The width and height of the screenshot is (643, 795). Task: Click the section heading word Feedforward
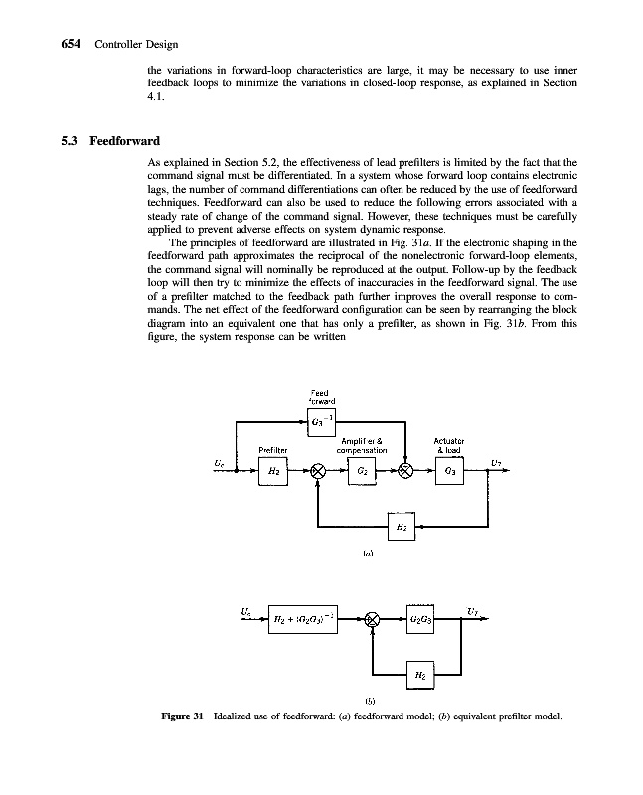(x=125, y=140)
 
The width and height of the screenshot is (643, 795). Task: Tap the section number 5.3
(x=70, y=140)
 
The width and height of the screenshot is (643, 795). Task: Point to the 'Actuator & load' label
(x=450, y=444)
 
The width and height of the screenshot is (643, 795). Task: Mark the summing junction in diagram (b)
(x=372, y=620)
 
